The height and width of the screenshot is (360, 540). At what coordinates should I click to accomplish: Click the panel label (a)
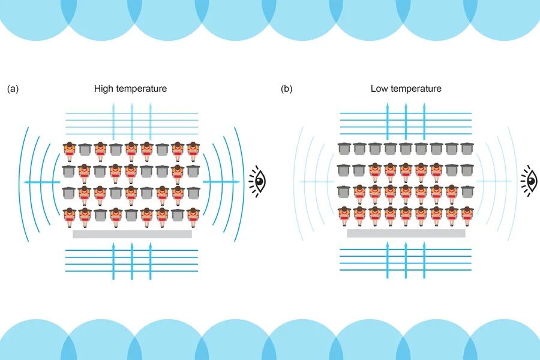point(13,89)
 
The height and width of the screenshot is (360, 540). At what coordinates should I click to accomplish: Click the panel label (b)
point(287,89)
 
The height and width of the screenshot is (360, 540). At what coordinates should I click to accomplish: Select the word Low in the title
point(379,89)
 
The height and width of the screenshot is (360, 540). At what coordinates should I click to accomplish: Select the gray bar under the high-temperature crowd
point(132,234)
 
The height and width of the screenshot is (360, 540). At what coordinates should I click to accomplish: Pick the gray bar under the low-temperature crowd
point(406,233)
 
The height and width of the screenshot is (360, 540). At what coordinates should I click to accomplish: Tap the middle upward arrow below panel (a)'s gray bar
point(132,261)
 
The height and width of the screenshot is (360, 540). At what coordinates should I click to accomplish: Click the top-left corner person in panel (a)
point(70,150)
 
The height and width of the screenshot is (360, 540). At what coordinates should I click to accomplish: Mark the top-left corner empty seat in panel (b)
point(344,149)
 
